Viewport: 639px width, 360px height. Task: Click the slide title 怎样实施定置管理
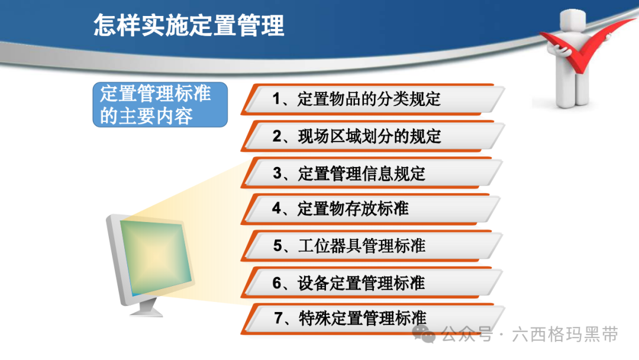pyautogui.click(x=189, y=25)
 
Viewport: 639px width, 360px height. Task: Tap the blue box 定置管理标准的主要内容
pyautogui.click(x=160, y=105)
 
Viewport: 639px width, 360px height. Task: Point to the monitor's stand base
pyautogui.click(x=146, y=310)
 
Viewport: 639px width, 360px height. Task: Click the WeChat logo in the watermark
pyautogui.click(x=424, y=335)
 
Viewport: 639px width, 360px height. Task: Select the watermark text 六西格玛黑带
pyautogui.click(x=565, y=335)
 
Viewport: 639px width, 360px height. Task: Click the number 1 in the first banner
pyautogui.click(x=277, y=99)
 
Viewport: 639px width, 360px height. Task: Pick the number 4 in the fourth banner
pyautogui.click(x=277, y=209)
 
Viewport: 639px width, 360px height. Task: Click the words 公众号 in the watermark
pyautogui.click(x=467, y=335)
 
